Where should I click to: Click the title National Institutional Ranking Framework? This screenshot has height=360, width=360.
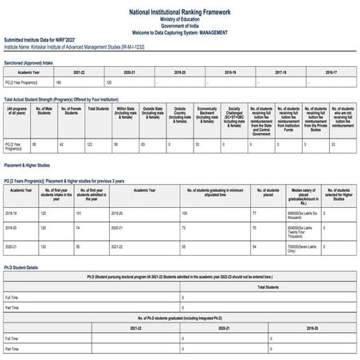click(179, 13)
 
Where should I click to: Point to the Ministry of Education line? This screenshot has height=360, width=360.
click(179, 19)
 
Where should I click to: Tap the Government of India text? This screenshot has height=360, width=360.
click(179, 25)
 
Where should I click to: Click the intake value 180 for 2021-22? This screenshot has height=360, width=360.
click(58, 82)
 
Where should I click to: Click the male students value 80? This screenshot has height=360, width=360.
click(34, 144)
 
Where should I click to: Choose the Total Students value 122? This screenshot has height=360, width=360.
click(90, 144)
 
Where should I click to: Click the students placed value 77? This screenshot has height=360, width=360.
click(254, 213)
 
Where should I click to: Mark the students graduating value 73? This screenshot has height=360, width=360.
click(183, 229)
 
